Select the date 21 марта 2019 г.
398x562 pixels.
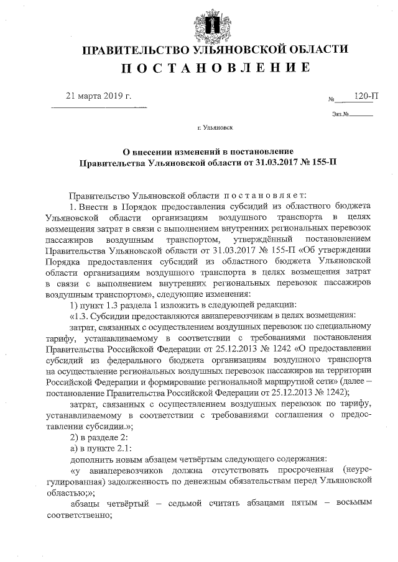pyautogui.click(x=99, y=97)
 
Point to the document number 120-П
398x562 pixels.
pyautogui.click(x=366, y=96)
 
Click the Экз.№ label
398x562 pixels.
pyautogui.click(x=340, y=114)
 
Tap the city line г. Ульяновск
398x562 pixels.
pyautogui.click(x=215, y=129)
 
